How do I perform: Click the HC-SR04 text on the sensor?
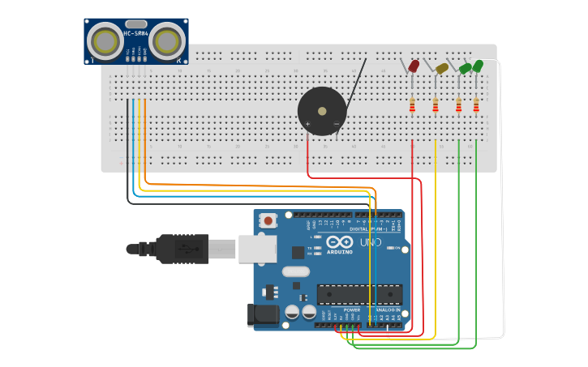pos(135,33)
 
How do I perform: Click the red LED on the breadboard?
pos(414,66)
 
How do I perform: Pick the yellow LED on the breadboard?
pos(441,69)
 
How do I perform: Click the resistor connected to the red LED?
pos(412,105)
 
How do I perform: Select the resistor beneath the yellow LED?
pos(436,105)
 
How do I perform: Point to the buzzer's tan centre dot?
pos(321,111)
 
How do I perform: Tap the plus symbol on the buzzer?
pos(307,124)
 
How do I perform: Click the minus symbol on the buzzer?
pos(336,124)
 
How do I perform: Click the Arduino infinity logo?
pos(340,242)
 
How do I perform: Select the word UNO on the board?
pos(370,242)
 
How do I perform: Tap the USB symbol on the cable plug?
pos(188,249)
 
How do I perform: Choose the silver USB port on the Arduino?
pos(257,250)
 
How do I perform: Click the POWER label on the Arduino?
pos(352,310)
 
